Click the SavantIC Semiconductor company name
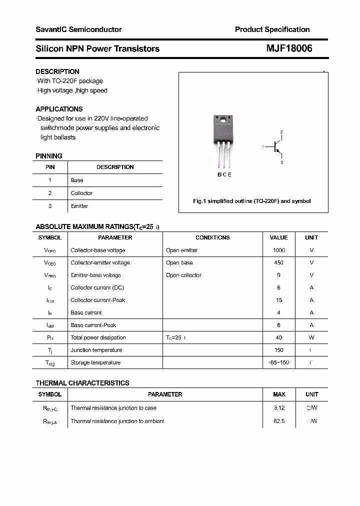[x=78, y=29]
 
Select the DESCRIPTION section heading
[x=57, y=71]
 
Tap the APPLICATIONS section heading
[x=59, y=109]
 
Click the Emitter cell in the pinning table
[x=79, y=206]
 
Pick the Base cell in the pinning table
[x=77, y=180]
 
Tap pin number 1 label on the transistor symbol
[x=263, y=147]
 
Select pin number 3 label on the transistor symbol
[x=281, y=162]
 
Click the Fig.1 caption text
[x=252, y=201]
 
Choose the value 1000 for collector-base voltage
[x=278, y=250]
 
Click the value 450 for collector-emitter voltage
[x=278, y=262]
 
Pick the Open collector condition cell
[x=183, y=275]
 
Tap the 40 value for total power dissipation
[x=278, y=337]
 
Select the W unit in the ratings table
[x=311, y=337]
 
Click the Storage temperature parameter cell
[x=95, y=362]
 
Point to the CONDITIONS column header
[x=212, y=237]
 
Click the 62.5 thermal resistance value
[x=279, y=421]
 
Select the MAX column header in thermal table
[x=279, y=394]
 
